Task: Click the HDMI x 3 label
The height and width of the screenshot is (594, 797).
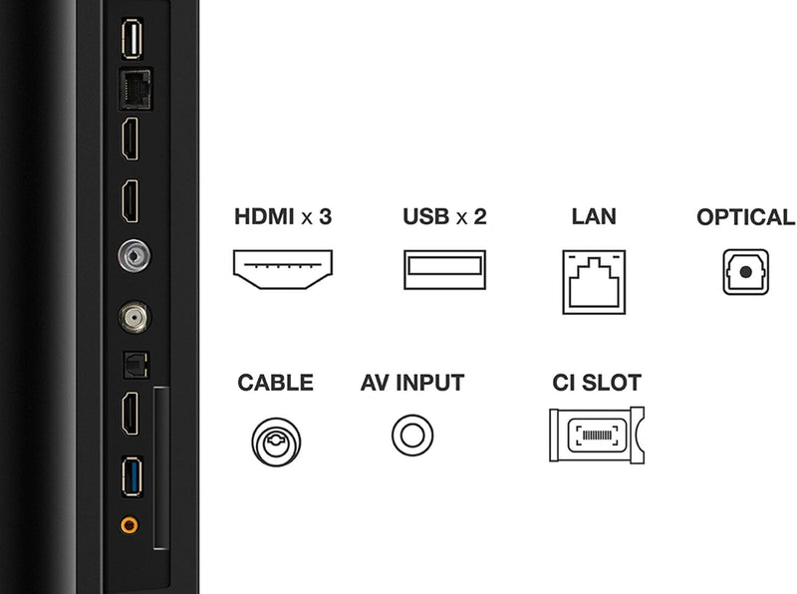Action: pyautogui.click(x=282, y=216)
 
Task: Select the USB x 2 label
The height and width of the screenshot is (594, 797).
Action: pyautogui.click(x=444, y=216)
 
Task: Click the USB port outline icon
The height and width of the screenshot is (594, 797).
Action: pyautogui.click(x=444, y=269)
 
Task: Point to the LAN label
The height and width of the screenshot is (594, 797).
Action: pyautogui.click(x=595, y=216)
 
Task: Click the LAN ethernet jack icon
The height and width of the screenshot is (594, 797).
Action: pyautogui.click(x=595, y=282)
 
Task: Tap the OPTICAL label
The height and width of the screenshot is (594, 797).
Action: pyautogui.click(x=745, y=216)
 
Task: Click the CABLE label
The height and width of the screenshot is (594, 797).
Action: pyautogui.click(x=275, y=383)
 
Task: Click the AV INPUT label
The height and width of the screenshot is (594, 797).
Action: pyautogui.click(x=412, y=383)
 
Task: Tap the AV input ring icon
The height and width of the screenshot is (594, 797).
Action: pyautogui.click(x=412, y=436)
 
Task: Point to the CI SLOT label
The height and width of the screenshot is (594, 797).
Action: pyautogui.click(x=597, y=383)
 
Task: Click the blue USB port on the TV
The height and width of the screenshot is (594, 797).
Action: pyautogui.click(x=131, y=471)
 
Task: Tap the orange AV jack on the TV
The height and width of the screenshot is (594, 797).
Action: pyautogui.click(x=130, y=523)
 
